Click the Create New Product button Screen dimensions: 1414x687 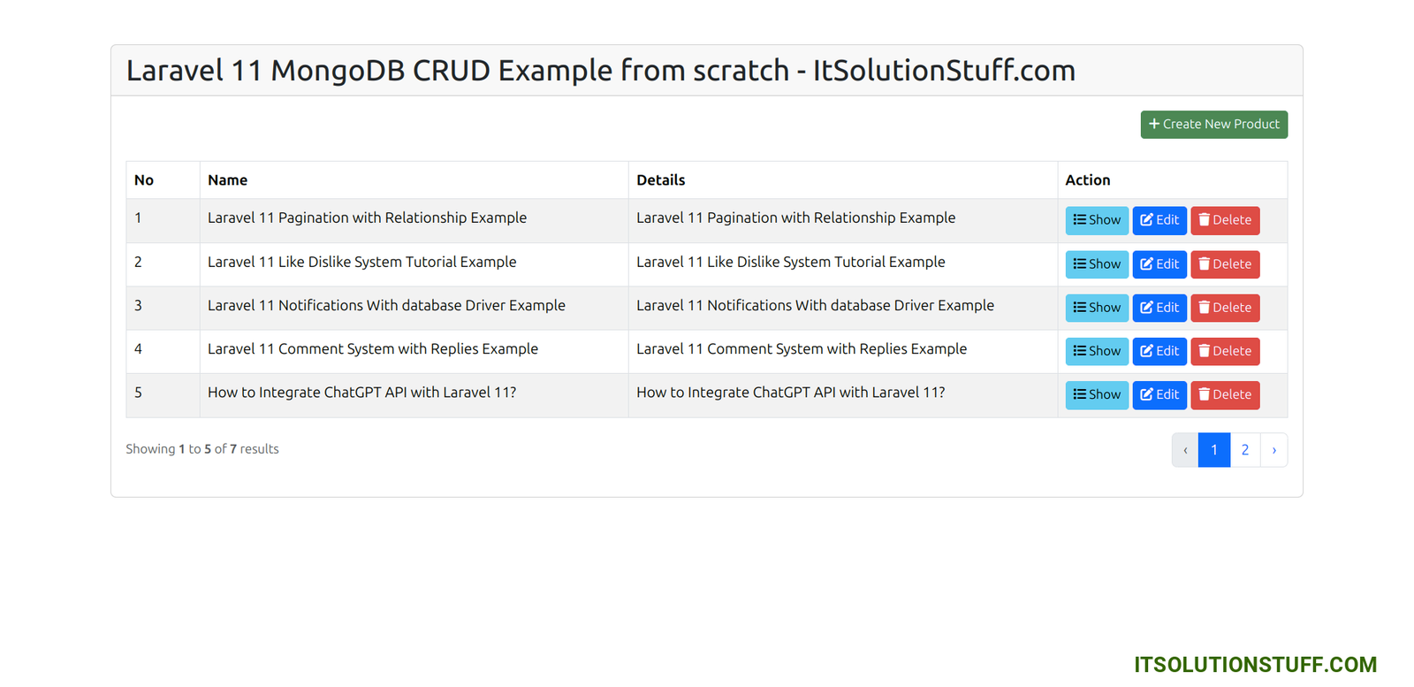coord(1213,125)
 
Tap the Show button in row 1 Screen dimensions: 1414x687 coord(1097,220)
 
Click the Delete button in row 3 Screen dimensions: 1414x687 coord(1225,308)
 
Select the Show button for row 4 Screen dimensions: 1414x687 coord(1097,351)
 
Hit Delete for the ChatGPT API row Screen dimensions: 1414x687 coord(1225,394)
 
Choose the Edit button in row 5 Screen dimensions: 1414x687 coord(1159,394)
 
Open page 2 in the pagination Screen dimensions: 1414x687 coord(1245,449)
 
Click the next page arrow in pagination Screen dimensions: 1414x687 coord(1273,449)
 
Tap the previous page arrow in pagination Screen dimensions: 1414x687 coord(1185,449)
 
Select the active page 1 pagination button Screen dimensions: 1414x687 coord(1214,449)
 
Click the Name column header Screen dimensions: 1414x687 coord(227,180)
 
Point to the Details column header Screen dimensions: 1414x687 coord(660,180)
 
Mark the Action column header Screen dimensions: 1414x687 coord(1087,180)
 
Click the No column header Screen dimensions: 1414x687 coord(144,180)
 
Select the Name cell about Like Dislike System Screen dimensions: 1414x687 coord(361,262)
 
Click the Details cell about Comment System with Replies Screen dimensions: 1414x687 coord(801,349)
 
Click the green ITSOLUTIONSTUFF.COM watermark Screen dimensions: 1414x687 coord(1255,664)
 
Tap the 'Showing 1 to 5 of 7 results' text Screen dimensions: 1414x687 coord(202,449)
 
